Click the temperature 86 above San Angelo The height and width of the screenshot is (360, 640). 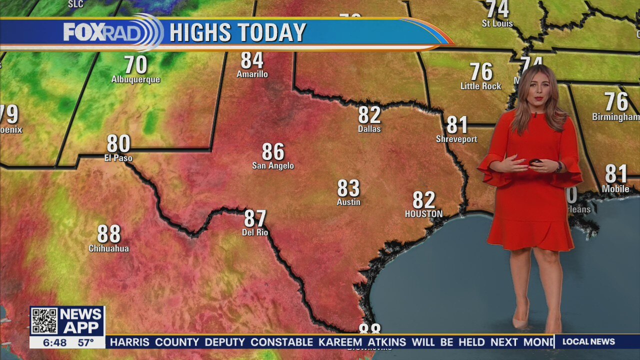pos(273,152)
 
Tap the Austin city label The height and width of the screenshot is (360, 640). pos(348,202)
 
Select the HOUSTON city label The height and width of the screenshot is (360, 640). pos(423,214)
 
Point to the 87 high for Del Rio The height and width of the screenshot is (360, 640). pos(255,219)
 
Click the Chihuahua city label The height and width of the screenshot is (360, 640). pos(108,248)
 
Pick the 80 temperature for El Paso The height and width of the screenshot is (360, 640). pos(118,144)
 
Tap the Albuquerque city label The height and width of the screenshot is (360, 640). pos(135,79)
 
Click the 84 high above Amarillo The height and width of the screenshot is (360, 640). pos(252,60)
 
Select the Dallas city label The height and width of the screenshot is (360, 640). pos(369,129)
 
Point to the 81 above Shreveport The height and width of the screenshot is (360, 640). pos(457,125)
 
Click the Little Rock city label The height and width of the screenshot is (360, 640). pos(480,86)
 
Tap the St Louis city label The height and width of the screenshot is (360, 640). pos(497,23)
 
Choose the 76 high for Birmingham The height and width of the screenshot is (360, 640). pos(616,102)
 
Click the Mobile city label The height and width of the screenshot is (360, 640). pos(615,189)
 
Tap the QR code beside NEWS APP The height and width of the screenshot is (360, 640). pos(44,321)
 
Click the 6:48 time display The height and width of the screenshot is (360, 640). pos(54,343)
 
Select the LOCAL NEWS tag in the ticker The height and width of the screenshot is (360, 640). pos(588,342)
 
